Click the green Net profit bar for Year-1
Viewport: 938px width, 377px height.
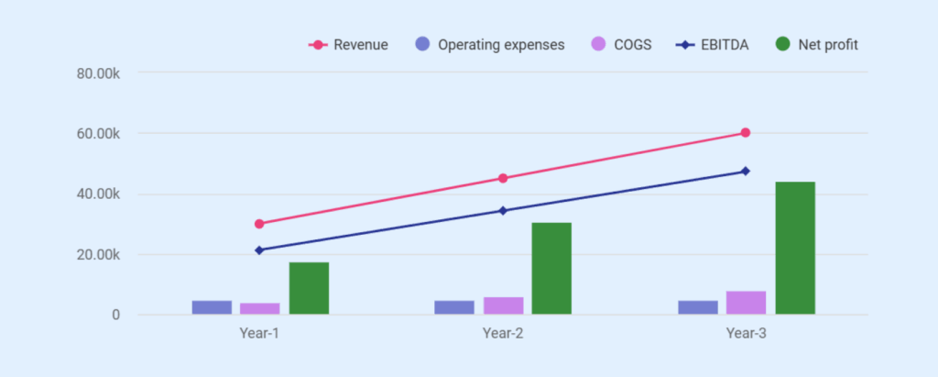coord(309,289)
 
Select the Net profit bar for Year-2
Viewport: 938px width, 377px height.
coord(551,269)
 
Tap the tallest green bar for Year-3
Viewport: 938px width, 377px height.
coord(794,249)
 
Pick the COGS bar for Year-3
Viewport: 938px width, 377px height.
coord(746,303)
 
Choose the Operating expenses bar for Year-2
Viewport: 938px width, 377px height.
coord(454,307)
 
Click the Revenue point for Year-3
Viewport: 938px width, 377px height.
coord(746,133)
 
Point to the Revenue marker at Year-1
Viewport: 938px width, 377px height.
coord(259,224)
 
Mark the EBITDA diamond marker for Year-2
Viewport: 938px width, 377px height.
coord(503,211)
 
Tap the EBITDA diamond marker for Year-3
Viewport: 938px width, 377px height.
coord(746,171)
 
